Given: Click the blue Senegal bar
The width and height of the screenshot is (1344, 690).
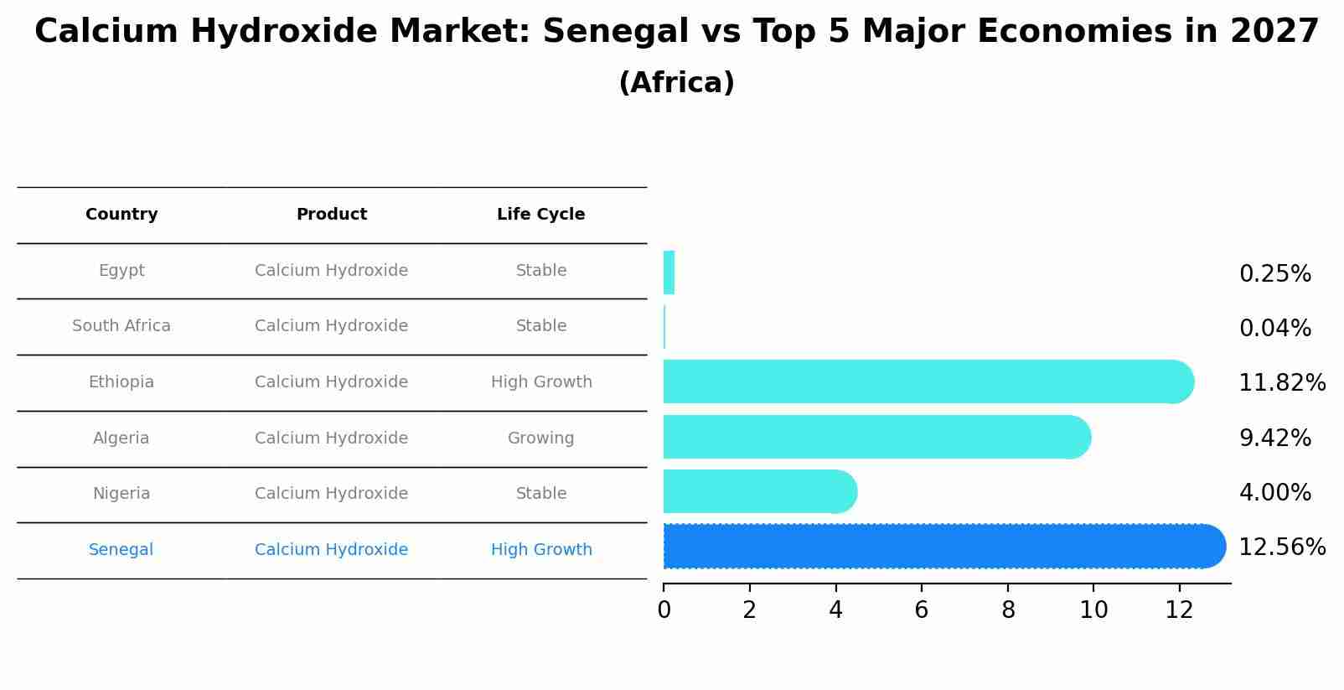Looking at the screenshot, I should coord(938,547).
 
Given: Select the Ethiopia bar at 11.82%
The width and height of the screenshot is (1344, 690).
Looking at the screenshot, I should coord(922,382).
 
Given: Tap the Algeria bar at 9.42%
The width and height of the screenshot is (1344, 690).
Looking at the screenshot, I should coord(871,437).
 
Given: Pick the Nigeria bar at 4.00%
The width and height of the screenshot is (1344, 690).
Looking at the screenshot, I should coord(754,492).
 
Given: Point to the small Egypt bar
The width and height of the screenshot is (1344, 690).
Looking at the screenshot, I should coord(669,273).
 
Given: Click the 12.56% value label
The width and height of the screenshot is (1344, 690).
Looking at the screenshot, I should coord(1281,547).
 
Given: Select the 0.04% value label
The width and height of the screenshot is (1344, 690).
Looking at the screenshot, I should coord(1274,329).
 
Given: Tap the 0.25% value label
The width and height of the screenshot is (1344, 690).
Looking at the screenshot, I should coord(1274,274).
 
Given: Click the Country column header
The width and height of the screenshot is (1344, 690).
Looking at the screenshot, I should coord(121,215).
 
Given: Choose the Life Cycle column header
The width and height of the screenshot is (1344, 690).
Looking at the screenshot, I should coord(540,215).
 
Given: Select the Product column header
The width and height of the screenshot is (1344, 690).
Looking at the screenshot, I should coord(331,215).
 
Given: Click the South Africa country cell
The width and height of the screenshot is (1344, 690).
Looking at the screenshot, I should coord(121,326).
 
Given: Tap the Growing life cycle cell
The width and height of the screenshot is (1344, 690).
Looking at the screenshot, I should coord(540,438).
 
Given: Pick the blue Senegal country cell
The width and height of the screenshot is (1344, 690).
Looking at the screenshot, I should coord(121,550).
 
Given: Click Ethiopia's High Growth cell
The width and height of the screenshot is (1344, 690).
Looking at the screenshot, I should coord(540,382).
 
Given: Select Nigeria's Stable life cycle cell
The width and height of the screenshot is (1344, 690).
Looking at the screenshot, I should coord(540,494).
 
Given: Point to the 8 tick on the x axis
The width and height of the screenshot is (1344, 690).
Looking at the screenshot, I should coord(1008,610).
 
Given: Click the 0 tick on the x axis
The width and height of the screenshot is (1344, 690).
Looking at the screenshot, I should coord(664,610).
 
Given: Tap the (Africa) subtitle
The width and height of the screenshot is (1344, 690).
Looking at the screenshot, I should coord(676,83).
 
